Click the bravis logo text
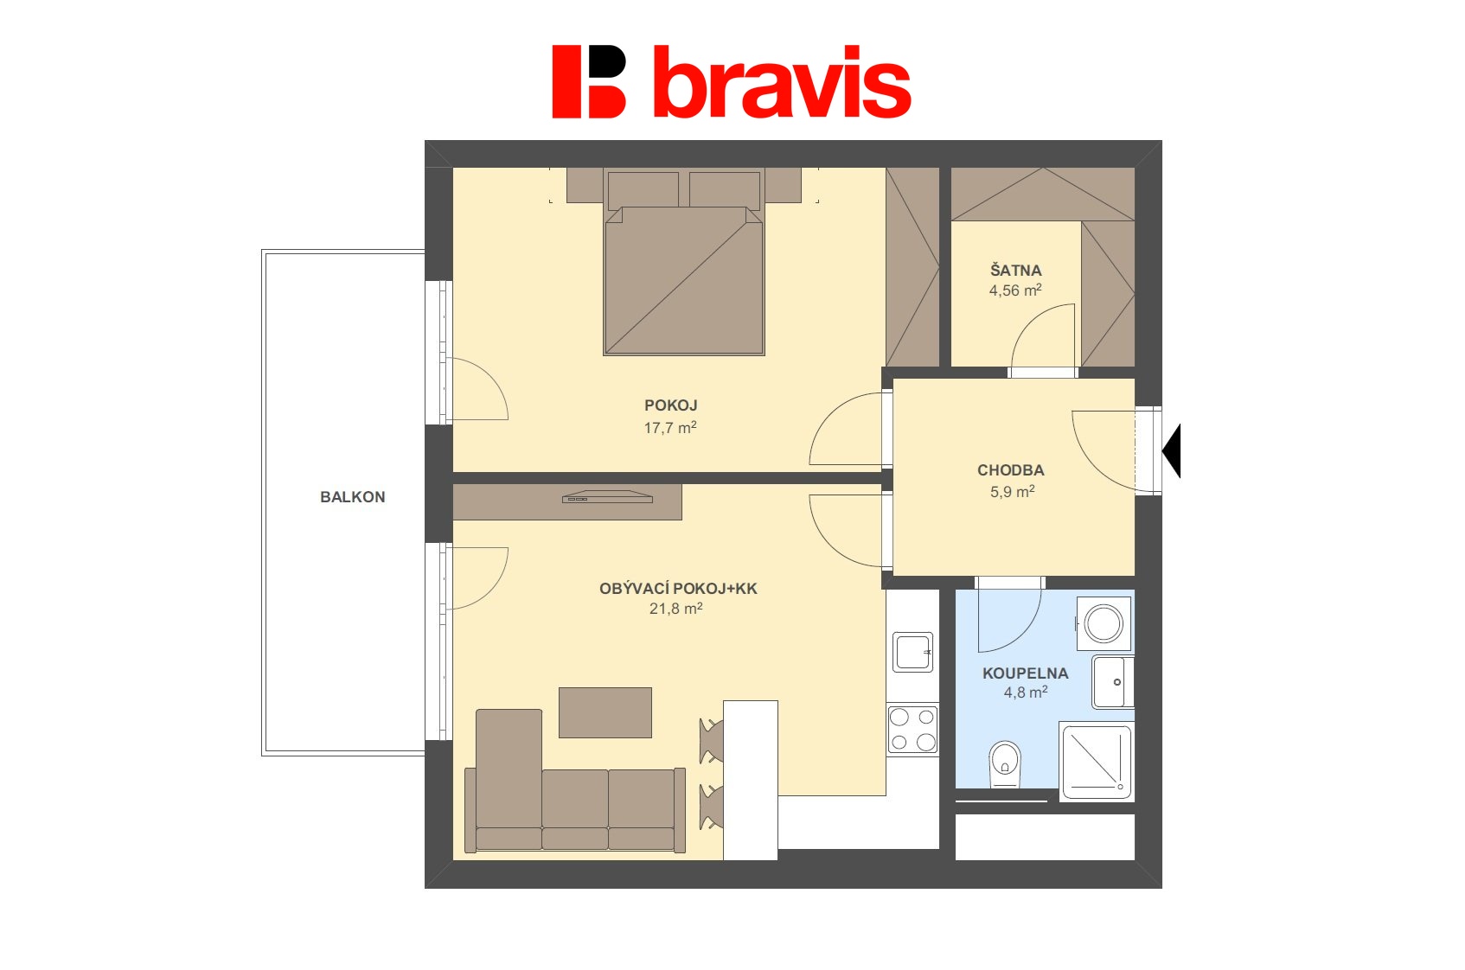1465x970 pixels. point(782,82)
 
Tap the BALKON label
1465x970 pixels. point(353,497)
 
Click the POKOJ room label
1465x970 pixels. point(671,405)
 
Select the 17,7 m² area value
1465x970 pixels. point(670,427)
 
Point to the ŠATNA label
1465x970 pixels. point(1015,269)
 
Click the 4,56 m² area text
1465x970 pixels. point(1015,290)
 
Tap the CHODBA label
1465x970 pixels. point(1011,470)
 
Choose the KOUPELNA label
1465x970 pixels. point(1026,673)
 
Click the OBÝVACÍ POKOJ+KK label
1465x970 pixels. point(678,588)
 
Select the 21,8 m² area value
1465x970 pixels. point(676,609)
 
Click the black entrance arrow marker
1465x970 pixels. point(1172,451)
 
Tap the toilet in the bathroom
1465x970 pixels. point(1005,764)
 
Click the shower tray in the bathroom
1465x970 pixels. point(1097,762)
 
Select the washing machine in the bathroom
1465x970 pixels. point(1104,623)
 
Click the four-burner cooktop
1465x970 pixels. point(913,730)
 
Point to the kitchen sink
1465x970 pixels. point(913,653)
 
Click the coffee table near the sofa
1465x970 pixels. point(605,712)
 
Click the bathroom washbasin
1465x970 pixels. point(1112,682)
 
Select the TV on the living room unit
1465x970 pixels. point(608,497)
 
